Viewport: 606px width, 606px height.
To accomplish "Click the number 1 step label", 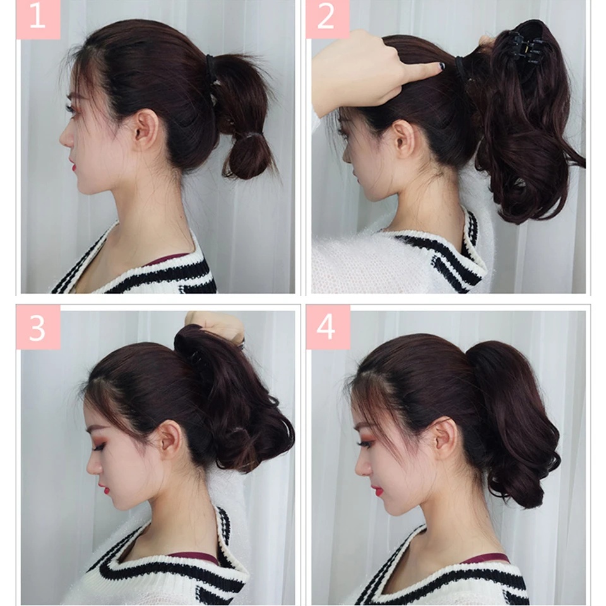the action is click(x=38, y=18).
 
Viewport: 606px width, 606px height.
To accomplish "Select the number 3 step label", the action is click(x=38, y=327).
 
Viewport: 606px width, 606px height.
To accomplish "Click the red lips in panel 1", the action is click(x=73, y=167).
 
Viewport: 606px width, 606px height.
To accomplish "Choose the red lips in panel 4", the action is click(x=376, y=491).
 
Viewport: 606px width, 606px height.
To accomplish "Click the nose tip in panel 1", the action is click(x=61, y=141).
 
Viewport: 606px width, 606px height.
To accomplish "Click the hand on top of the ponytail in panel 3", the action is click(x=217, y=324).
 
